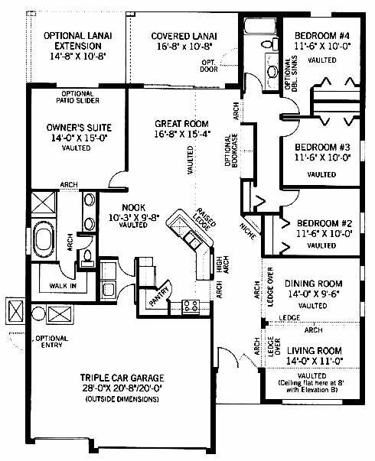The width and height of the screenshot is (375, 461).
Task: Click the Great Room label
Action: [181, 124]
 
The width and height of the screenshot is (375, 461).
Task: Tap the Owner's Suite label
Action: [79, 128]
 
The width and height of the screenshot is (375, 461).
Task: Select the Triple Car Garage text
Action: [122, 378]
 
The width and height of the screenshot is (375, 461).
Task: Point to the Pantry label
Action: [159, 296]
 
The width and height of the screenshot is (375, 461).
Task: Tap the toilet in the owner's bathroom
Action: [87, 256]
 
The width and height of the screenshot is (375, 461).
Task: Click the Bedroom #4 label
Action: [322, 36]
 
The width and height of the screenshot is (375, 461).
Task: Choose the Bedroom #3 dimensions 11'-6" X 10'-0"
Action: [323, 157]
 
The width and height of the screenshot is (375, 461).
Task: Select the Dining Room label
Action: [314, 284]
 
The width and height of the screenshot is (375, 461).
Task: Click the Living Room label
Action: [315, 351]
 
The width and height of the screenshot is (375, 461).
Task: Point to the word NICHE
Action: [247, 232]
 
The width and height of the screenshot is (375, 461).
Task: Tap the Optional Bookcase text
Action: [231, 151]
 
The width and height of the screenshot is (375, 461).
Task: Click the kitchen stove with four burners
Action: [191, 307]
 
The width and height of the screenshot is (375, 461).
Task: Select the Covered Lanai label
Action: [184, 36]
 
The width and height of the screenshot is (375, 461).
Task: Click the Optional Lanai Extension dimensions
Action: [78, 56]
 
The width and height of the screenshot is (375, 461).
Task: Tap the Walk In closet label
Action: [63, 285]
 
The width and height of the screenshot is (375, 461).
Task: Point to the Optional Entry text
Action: [52, 342]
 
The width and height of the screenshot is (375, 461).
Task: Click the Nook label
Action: [134, 208]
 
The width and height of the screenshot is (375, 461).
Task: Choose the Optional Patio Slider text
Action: [78, 97]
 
